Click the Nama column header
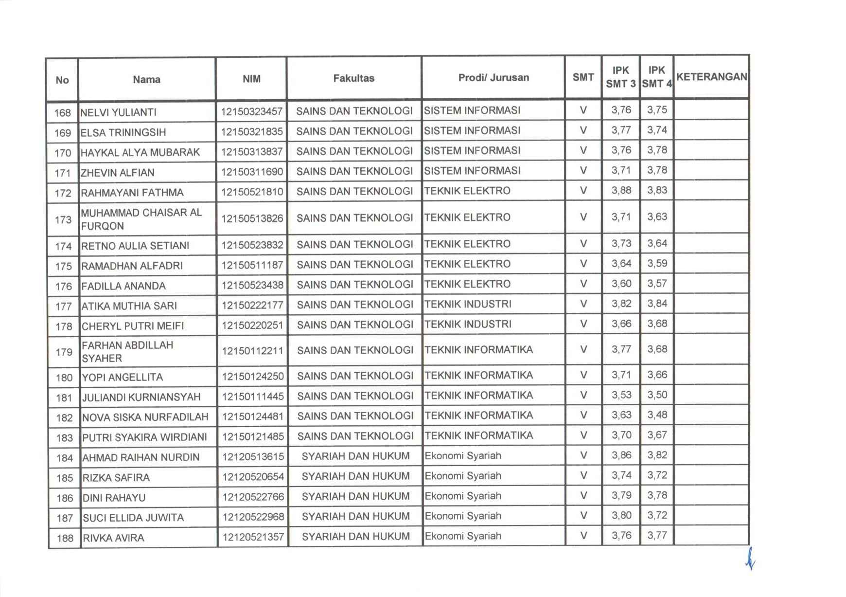click(x=146, y=79)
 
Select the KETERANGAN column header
click(x=711, y=77)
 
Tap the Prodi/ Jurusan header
click(x=493, y=77)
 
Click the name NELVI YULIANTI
click(x=118, y=112)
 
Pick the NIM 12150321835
click(x=251, y=131)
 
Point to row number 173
click(x=63, y=219)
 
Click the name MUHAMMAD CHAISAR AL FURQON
click(x=141, y=219)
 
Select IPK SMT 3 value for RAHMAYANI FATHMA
click(x=621, y=190)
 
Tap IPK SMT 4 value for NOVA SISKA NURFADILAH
click(x=657, y=415)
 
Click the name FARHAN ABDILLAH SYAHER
click(x=127, y=351)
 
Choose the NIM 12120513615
click(x=253, y=456)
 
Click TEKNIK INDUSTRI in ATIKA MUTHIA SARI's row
click(x=467, y=304)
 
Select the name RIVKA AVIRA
click(x=113, y=538)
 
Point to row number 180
click(x=64, y=377)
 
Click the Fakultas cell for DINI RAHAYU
click(x=355, y=496)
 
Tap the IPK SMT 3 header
click(x=620, y=77)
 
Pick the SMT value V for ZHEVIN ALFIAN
click(x=583, y=170)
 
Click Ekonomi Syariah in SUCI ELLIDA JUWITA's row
click(x=462, y=516)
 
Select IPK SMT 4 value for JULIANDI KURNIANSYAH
click(x=657, y=395)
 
